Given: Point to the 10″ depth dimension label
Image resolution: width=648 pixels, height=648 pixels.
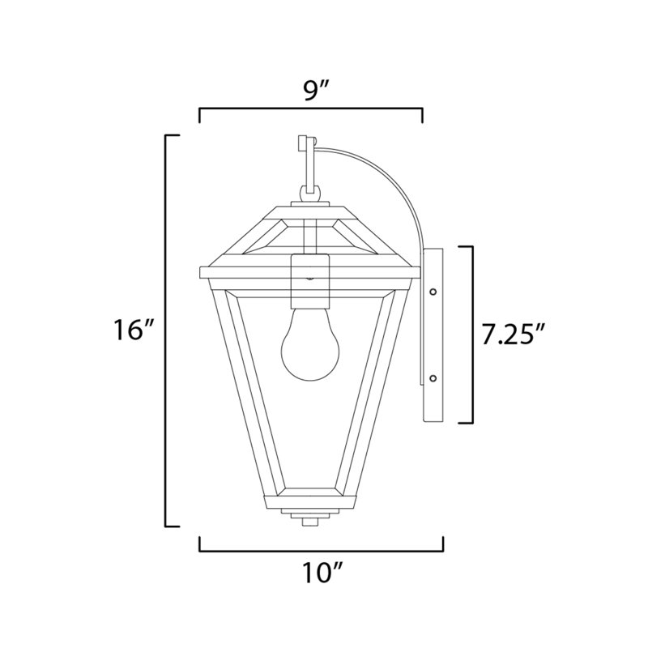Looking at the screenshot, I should pyautogui.click(x=320, y=573).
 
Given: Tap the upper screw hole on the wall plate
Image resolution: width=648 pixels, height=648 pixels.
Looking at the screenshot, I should pyautogui.click(x=433, y=291).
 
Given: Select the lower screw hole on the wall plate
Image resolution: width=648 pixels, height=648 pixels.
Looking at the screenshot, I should pyautogui.click(x=433, y=377).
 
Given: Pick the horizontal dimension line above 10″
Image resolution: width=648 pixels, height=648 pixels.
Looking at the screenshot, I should pyautogui.click(x=320, y=550).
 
